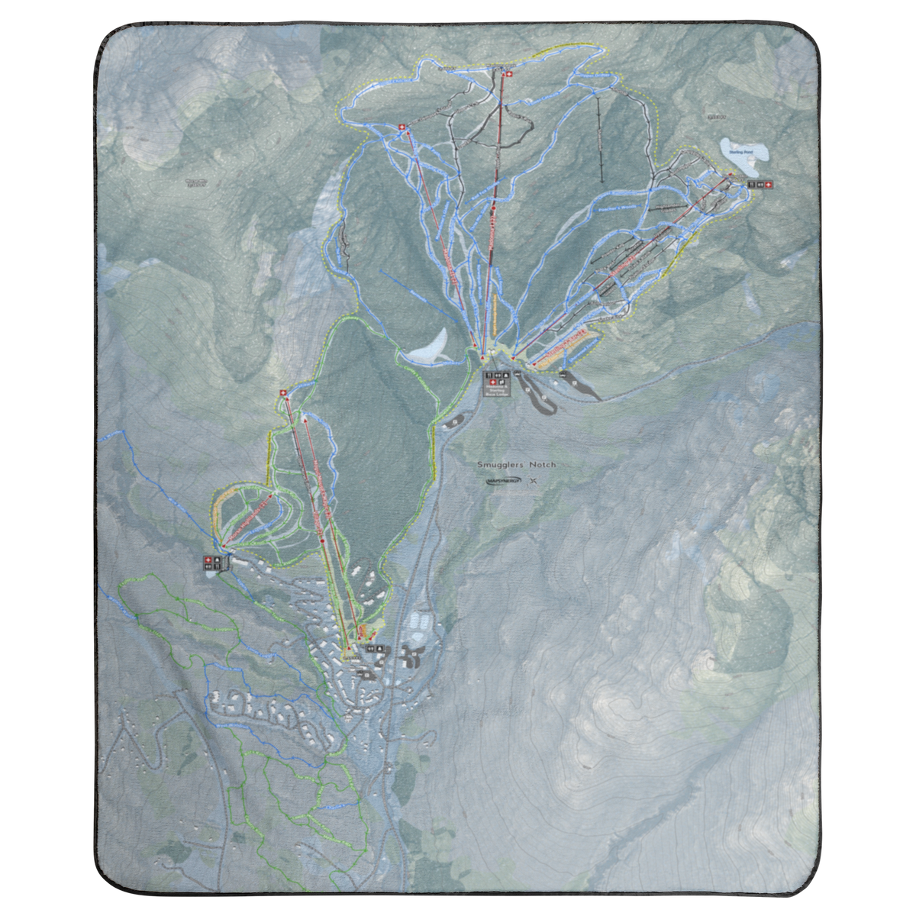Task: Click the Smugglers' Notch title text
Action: [517, 464]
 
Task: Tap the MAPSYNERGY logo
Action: [502, 481]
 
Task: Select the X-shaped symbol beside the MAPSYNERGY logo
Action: [532, 481]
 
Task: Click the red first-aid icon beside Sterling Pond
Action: [769, 184]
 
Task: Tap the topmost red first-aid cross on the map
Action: [506, 73]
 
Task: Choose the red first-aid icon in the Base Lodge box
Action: [489, 376]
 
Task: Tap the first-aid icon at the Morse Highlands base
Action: [207, 561]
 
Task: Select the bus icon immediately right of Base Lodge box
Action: [518, 374]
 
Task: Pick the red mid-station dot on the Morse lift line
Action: [323, 540]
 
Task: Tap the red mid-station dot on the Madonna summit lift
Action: [494, 208]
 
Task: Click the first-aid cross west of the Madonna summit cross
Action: [402, 127]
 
